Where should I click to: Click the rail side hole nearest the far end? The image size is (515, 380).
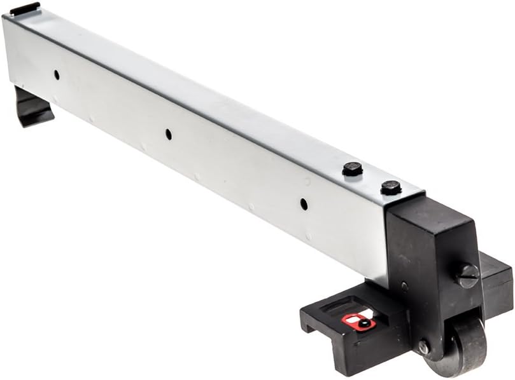pos(56,74)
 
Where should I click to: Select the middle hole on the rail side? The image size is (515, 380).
pos(168,134)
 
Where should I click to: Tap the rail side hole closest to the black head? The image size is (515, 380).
pos(304,204)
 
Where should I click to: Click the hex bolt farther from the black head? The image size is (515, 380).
pos(353,169)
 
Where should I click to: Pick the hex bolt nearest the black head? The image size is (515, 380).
pos(391,187)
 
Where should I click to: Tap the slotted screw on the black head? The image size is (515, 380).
pos(467,276)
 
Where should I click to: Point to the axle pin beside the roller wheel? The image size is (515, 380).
pos(423,347)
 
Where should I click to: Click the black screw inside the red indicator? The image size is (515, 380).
pos(363,323)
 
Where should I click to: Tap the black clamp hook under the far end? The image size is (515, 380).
pos(32,108)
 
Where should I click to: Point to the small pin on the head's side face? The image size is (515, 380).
pos(404,286)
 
